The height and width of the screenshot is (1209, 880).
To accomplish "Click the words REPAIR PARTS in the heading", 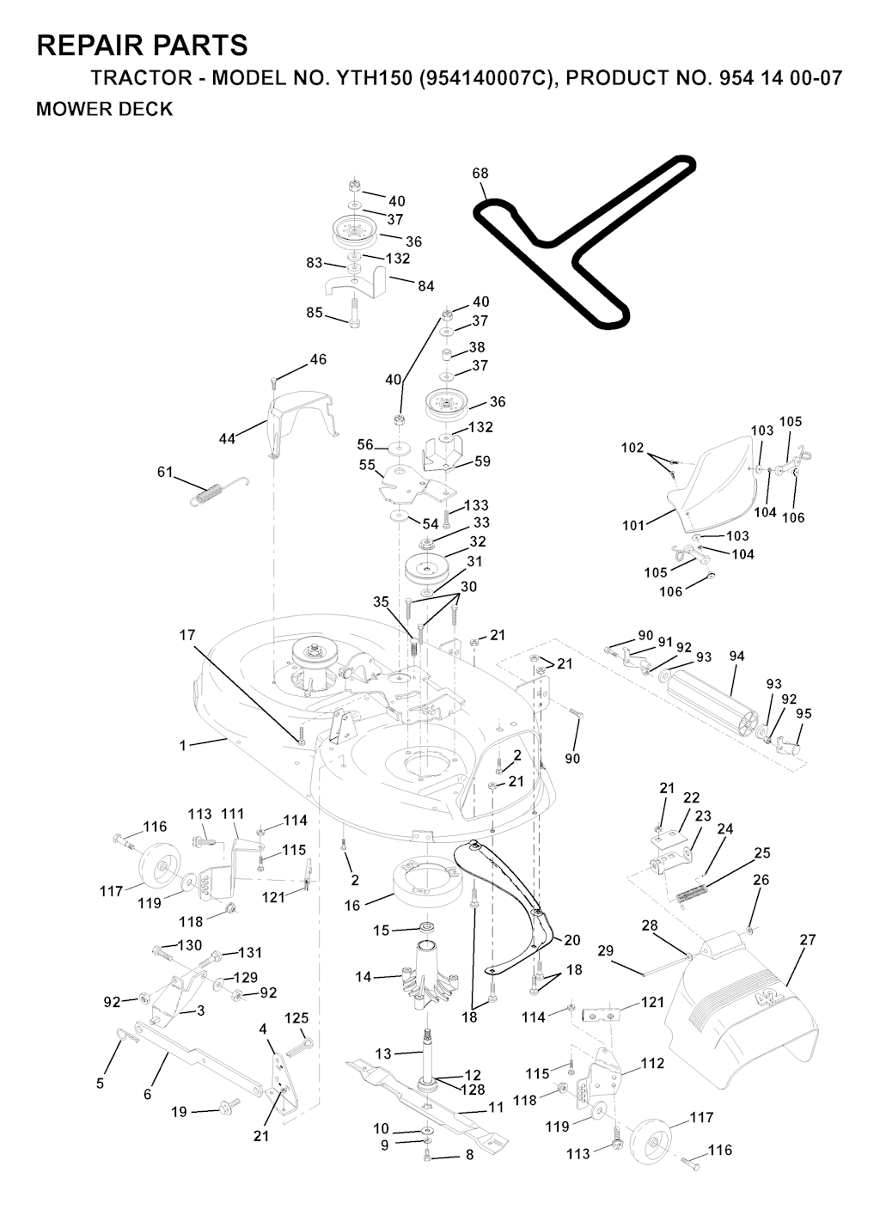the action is pos(142,45).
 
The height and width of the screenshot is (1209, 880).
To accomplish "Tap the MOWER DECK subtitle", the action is pos(104,109).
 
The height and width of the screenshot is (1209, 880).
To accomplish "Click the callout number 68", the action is pos(480,173).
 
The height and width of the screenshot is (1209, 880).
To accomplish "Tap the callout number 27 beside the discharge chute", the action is pos(808,940).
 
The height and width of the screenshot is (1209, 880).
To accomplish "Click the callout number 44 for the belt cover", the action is pos(227,439).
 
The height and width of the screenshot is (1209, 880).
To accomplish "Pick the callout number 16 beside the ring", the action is pos(352,906).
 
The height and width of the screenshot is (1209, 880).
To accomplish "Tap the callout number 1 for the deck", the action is pos(182,745).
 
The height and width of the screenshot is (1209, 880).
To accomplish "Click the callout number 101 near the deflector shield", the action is pos(633,525).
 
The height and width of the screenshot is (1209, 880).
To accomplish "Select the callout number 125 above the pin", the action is pos(296,1018).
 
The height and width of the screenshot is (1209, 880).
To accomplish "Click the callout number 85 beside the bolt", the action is pos(315,313).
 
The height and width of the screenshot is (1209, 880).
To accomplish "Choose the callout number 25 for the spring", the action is pos(761,852).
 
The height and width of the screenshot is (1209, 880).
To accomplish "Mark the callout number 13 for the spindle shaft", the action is pos(382,1053).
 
